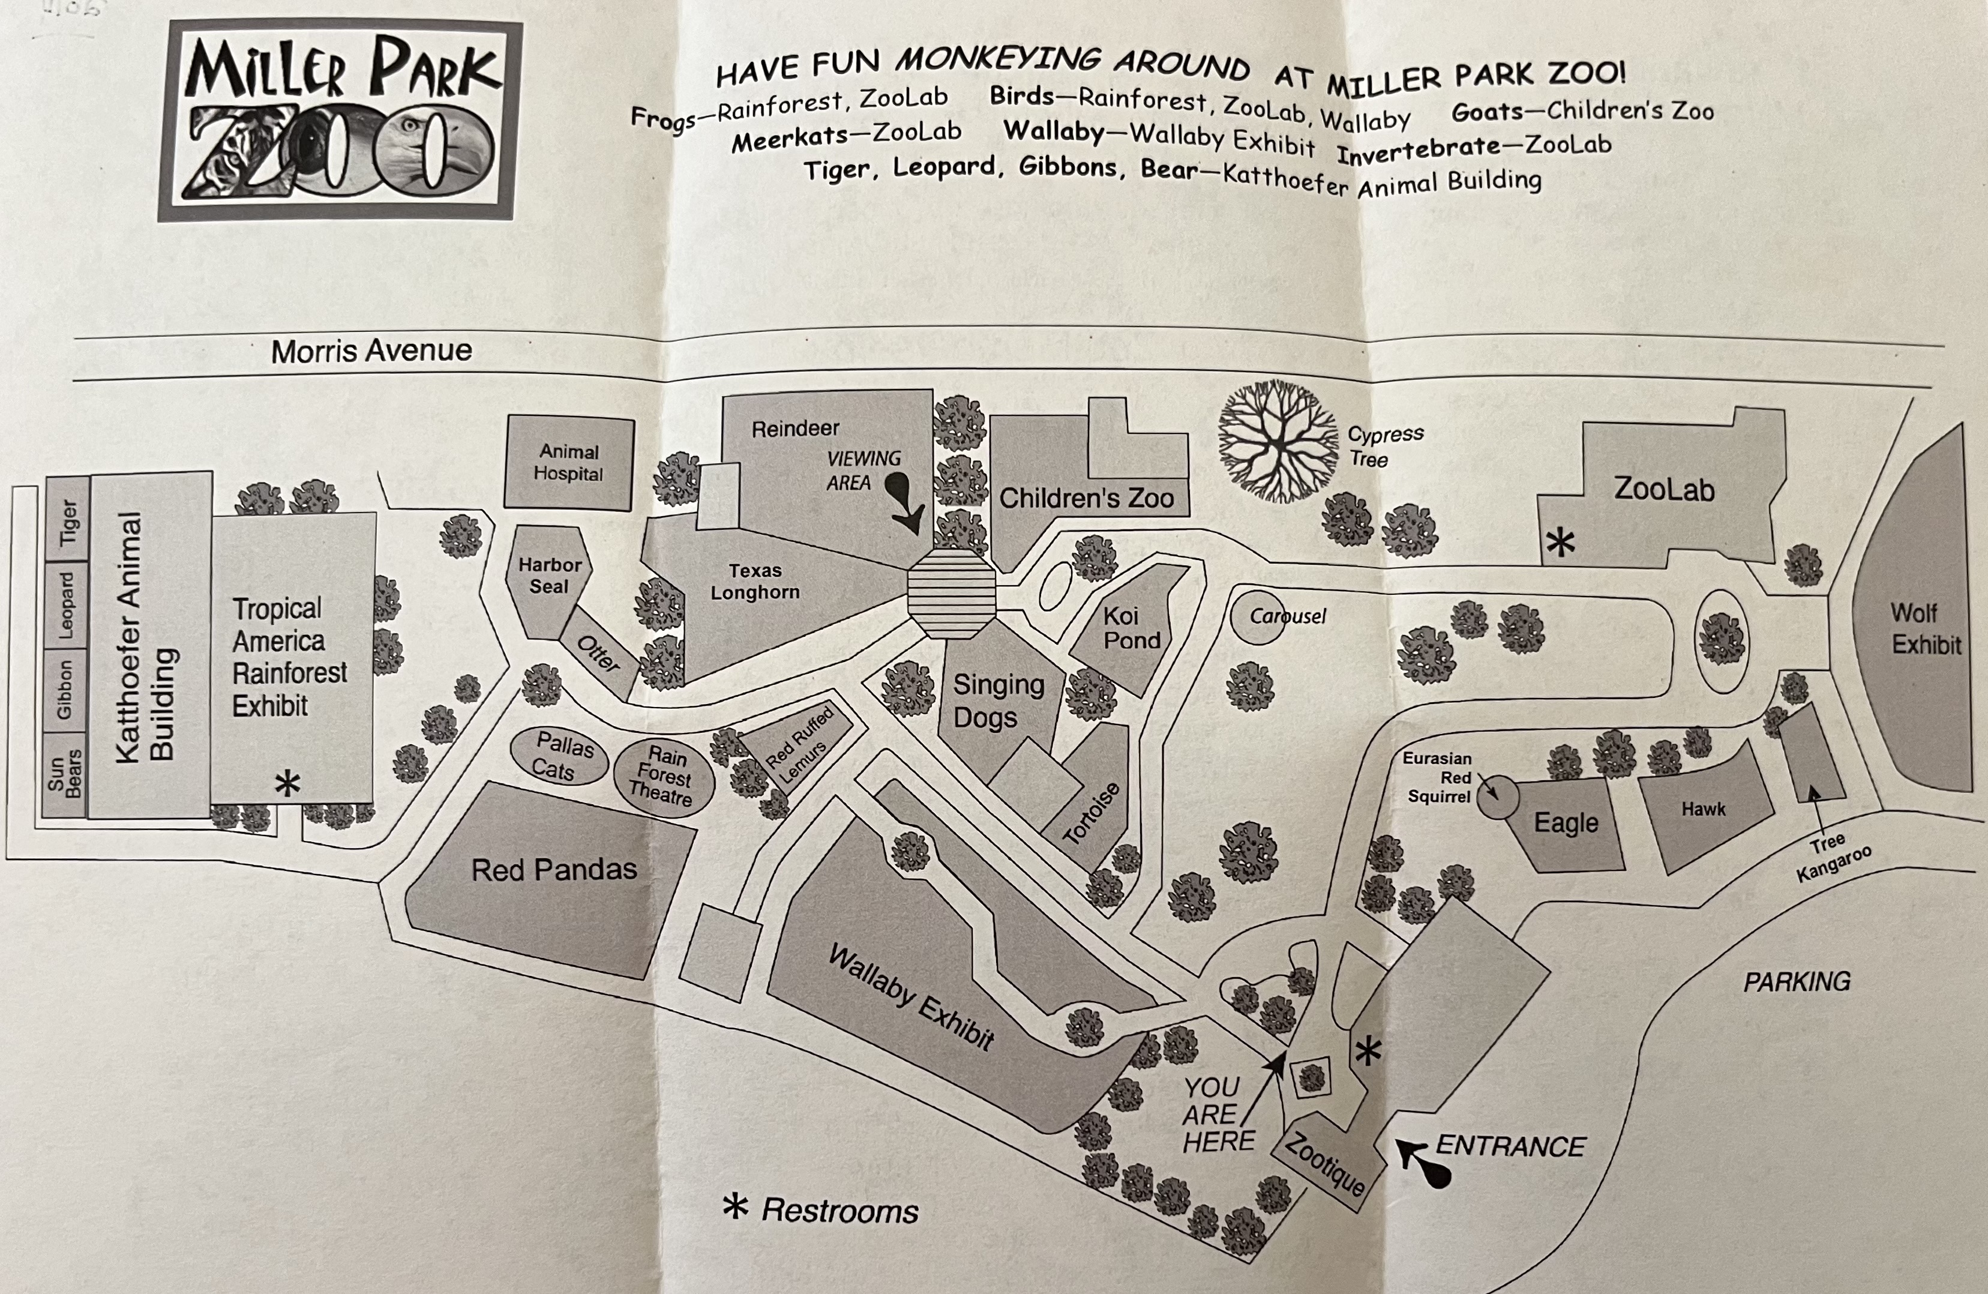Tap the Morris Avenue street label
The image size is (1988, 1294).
coord(371,351)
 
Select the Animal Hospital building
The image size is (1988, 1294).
coord(569,463)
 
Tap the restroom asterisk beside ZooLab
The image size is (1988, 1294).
coord(1560,543)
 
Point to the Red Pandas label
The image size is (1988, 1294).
coord(554,870)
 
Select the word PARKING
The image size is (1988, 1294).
coord(1797,981)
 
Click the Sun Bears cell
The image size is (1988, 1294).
coord(64,774)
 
